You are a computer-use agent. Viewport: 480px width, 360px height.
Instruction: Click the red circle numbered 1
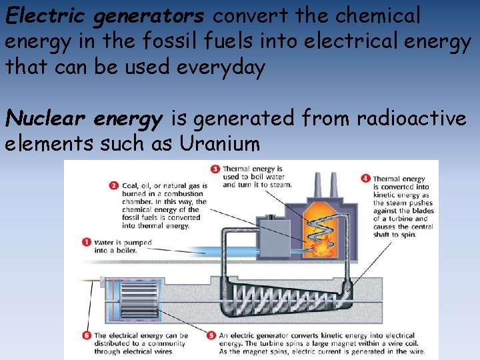click(86, 242)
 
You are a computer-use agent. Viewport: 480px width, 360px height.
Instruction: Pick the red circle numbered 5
click(211, 335)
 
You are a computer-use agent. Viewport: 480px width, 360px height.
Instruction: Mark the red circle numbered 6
click(86, 335)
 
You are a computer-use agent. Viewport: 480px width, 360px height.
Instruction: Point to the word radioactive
click(411, 119)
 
